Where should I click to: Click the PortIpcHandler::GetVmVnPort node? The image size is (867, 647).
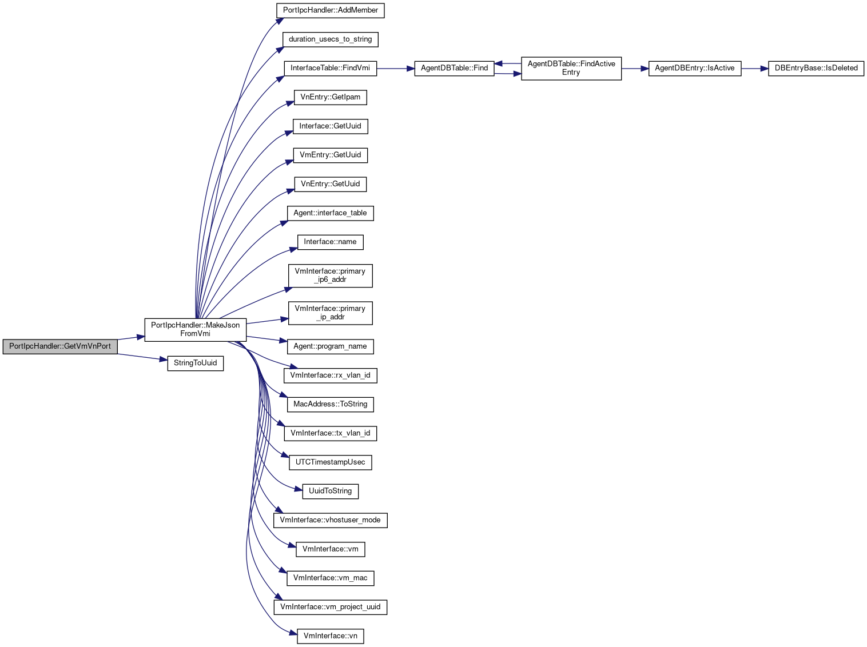pos(60,346)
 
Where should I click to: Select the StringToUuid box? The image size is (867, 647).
pos(196,363)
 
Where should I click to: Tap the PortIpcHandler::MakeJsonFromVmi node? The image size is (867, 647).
pos(196,330)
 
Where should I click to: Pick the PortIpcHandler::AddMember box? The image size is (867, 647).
pos(330,10)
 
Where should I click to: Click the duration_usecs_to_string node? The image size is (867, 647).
pos(330,39)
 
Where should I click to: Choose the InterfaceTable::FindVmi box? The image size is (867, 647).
pos(330,68)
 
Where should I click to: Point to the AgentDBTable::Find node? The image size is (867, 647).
pos(454,68)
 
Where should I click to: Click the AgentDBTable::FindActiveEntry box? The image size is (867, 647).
pos(571,68)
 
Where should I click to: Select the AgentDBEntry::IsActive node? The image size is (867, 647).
pos(695,68)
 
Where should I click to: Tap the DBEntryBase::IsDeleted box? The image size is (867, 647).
pos(816,68)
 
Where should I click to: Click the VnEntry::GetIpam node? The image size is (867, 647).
pos(330,98)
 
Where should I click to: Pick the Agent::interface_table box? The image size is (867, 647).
pos(330,213)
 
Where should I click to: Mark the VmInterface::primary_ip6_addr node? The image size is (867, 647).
pos(330,275)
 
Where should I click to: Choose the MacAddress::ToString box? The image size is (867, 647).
pos(330,404)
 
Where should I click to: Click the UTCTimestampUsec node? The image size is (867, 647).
pos(330,462)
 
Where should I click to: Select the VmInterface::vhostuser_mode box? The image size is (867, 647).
pos(330,520)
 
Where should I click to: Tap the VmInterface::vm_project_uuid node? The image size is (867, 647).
pos(330,607)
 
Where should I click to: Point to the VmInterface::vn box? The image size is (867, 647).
pos(330,636)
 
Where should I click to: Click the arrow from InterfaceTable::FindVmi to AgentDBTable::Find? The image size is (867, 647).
pos(395,69)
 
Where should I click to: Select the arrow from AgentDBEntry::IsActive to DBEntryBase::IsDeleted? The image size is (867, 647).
pos(754,69)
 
